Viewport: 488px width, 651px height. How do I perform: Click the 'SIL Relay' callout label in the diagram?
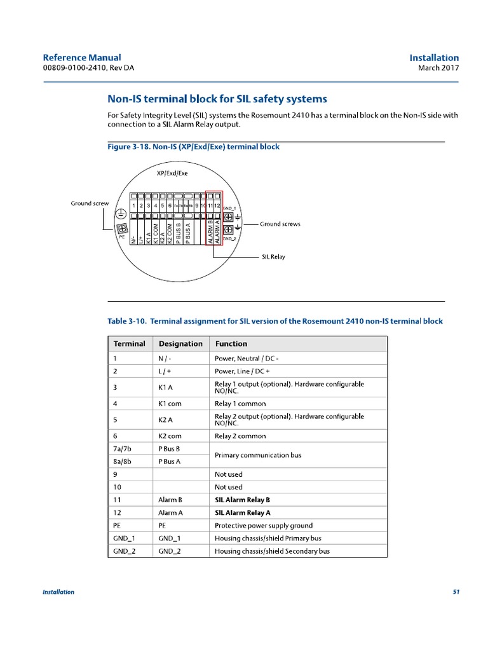273,257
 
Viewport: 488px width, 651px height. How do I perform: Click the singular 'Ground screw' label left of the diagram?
90,203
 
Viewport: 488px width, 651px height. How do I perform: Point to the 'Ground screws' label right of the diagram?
280,224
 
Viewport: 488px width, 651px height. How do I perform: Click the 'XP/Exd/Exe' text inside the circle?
172,172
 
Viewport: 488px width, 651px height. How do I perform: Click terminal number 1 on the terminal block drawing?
134,206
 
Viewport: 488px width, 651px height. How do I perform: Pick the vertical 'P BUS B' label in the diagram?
179,232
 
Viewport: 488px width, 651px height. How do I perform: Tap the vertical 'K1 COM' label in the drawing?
156,232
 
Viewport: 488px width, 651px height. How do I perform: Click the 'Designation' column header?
180,344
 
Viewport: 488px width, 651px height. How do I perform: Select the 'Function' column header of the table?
231,344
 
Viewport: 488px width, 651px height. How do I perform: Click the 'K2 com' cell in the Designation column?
170,436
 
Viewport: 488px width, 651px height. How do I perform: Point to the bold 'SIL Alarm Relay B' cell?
243,500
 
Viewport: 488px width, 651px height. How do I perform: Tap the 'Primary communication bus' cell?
258,455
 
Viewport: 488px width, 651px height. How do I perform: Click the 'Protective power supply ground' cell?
264,526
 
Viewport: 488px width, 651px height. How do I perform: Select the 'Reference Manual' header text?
81,58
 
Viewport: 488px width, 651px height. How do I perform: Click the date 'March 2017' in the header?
438,69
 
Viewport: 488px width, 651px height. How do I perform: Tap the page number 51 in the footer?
456,592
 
